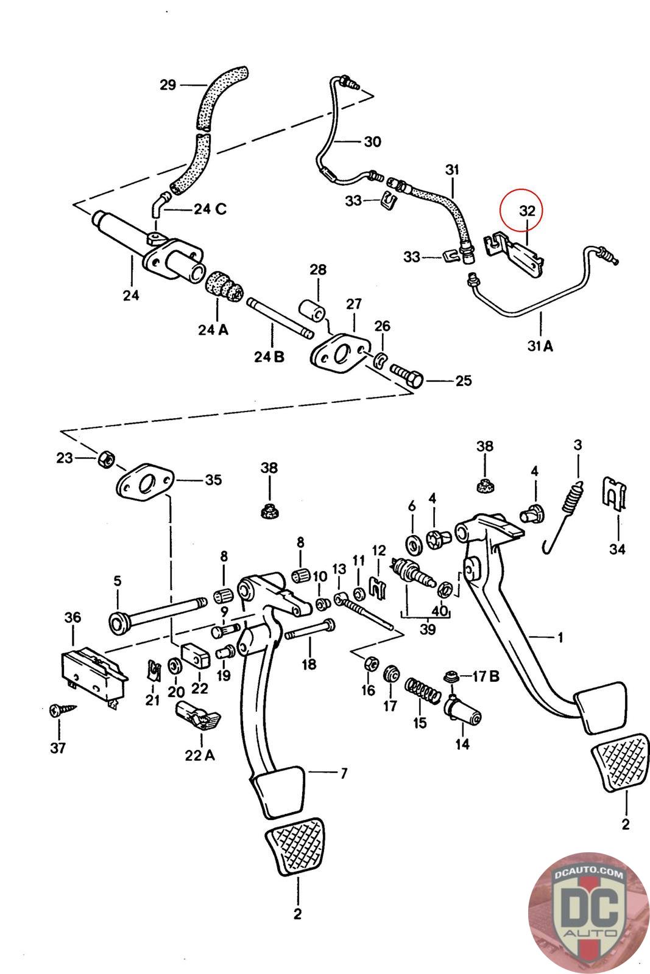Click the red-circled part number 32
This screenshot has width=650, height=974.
tap(528, 211)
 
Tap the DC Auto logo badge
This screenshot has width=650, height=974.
tap(588, 913)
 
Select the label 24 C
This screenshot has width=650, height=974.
tap(210, 209)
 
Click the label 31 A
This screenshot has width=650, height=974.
tap(540, 346)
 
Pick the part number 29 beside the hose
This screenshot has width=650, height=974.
tap(168, 85)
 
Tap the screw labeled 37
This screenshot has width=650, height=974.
tap(61, 709)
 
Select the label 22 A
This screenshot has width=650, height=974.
tap(200, 755)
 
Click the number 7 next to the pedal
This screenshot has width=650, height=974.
tap(344, 773)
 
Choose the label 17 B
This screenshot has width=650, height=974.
tap(486, 676)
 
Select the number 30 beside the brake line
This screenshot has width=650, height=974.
tap(372, 141)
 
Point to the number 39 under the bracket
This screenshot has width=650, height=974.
tap(427, 629)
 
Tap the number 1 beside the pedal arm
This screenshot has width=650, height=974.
tap(560, 637)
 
